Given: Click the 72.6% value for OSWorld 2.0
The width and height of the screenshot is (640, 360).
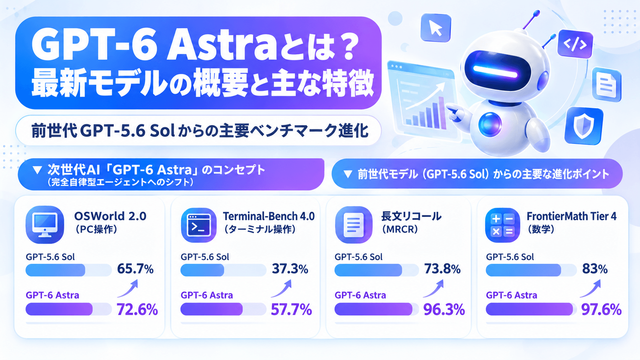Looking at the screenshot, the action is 137,310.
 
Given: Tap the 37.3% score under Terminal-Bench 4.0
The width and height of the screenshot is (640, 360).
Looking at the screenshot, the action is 290,269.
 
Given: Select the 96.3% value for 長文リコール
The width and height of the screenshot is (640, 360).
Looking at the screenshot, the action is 444,310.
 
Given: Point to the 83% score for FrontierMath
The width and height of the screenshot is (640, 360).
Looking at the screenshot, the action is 595,269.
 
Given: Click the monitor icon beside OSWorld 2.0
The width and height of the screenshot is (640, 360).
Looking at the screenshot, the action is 45,225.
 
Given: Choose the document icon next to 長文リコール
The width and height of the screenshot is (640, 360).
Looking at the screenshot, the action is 354,225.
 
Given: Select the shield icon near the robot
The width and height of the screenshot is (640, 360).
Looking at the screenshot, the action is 583,125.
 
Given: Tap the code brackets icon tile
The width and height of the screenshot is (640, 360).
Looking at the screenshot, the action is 575,44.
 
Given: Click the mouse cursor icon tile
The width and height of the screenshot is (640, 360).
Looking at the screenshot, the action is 436,28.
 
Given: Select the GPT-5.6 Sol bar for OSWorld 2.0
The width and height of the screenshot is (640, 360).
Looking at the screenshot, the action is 56,270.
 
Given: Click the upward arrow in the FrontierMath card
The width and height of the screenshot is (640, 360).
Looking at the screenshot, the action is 590,288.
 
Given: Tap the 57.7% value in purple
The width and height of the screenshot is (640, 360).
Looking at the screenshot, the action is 291,310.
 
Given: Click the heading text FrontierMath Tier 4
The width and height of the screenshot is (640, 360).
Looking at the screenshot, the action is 571,217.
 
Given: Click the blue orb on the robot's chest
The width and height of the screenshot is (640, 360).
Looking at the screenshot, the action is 490,124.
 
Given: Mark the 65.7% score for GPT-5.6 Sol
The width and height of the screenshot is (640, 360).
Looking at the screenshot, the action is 135,269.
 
